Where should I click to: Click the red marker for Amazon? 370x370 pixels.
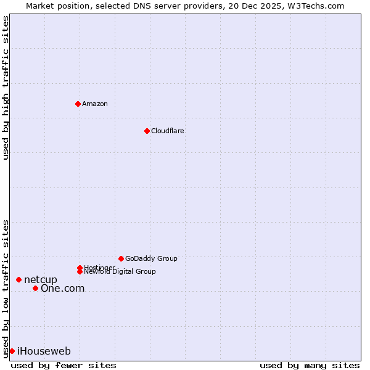point(78,104)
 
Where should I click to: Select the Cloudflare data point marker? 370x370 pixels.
point(147,131)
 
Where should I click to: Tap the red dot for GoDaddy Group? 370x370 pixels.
point(121,258)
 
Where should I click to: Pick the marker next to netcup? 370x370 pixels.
point(18,279)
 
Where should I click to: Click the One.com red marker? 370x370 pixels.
point(35,288)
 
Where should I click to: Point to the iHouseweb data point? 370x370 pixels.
point(12,351)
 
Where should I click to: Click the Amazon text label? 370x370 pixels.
point(94,104)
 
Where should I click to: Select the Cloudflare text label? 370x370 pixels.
point(167,131)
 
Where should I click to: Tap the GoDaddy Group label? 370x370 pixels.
point(150,258)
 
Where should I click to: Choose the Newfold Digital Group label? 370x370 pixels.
point(120,271)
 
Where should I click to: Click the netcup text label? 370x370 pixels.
point(40,279)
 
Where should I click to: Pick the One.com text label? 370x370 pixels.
point(62,288)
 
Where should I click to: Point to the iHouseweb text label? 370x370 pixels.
point(44,351)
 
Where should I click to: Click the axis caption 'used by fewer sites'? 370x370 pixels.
point(64,365)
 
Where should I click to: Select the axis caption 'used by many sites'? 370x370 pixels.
point(310,365)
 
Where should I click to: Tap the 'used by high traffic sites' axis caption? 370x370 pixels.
point(6,88)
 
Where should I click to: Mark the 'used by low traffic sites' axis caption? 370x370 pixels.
point(6,288)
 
